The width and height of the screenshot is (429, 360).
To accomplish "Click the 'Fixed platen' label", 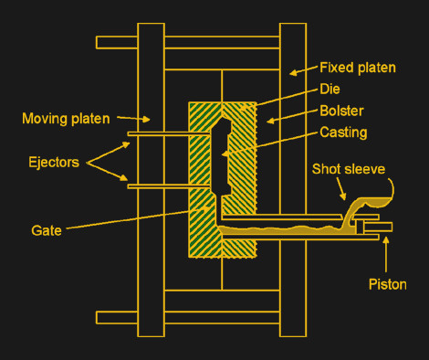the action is click(x=358, y=68).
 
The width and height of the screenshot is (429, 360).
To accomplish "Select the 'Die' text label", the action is click(x=330, y=89).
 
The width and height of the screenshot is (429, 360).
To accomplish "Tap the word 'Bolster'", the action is click(x=341, y=111).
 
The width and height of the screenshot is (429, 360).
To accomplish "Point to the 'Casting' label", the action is click(x=343, y=132).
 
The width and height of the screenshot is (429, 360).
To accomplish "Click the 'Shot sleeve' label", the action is click(x=349, y=169).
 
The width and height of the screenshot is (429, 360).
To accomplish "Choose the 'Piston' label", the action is click(x=388, y=284).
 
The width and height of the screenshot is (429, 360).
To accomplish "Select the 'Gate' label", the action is click(x=47, y=230).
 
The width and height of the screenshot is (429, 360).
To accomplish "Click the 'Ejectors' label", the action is click(x=54, y=162).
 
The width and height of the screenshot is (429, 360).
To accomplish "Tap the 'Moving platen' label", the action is click(x=66, y=119).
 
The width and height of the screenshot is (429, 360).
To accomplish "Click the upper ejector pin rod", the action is click(x=169, y=134).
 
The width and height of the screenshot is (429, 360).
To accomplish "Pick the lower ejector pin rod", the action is click(x=169, y=186).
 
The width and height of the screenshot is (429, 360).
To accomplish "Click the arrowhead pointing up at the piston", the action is click(x=386, y=240).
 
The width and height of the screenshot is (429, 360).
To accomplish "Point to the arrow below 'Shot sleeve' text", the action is click(x=341, y=189).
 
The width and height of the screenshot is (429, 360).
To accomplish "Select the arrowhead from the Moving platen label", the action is click(x=146, y=119).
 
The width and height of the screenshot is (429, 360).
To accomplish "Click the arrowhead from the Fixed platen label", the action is click(x=293, y=73).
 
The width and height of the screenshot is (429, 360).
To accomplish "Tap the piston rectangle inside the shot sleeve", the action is click(x=378, y=227).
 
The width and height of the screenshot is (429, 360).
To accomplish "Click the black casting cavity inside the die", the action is click(x=221, y=158).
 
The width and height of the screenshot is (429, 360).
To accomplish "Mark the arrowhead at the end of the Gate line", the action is click(x=206, y=209).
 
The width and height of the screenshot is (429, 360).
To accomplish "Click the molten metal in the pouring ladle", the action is click(x=376, y=202).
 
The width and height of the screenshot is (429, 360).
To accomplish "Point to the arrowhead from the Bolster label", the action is click(x=270, y=121).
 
